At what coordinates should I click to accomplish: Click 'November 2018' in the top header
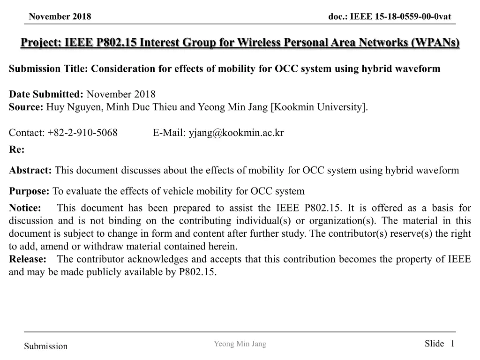[60, 17]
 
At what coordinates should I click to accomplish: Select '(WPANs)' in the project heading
[435, 43]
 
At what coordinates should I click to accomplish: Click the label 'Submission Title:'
[49, 69]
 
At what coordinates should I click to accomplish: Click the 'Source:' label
[26, 107]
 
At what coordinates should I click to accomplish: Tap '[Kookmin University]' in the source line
[319, 107]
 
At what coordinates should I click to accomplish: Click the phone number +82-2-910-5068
[82, 133]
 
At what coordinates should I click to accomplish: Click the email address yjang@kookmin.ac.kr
[236, 133]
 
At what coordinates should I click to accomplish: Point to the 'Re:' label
[16, 150]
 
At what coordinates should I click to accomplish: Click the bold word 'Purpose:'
[29, 191]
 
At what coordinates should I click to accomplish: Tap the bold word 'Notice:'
[25, 208]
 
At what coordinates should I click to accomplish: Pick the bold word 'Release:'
[28, 259]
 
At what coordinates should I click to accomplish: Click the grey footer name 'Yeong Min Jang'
[240, 344]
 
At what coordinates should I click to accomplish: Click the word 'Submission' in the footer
[46, 346]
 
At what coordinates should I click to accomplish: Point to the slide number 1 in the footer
[452, 344]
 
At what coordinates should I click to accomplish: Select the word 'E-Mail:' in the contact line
[169, 133]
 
